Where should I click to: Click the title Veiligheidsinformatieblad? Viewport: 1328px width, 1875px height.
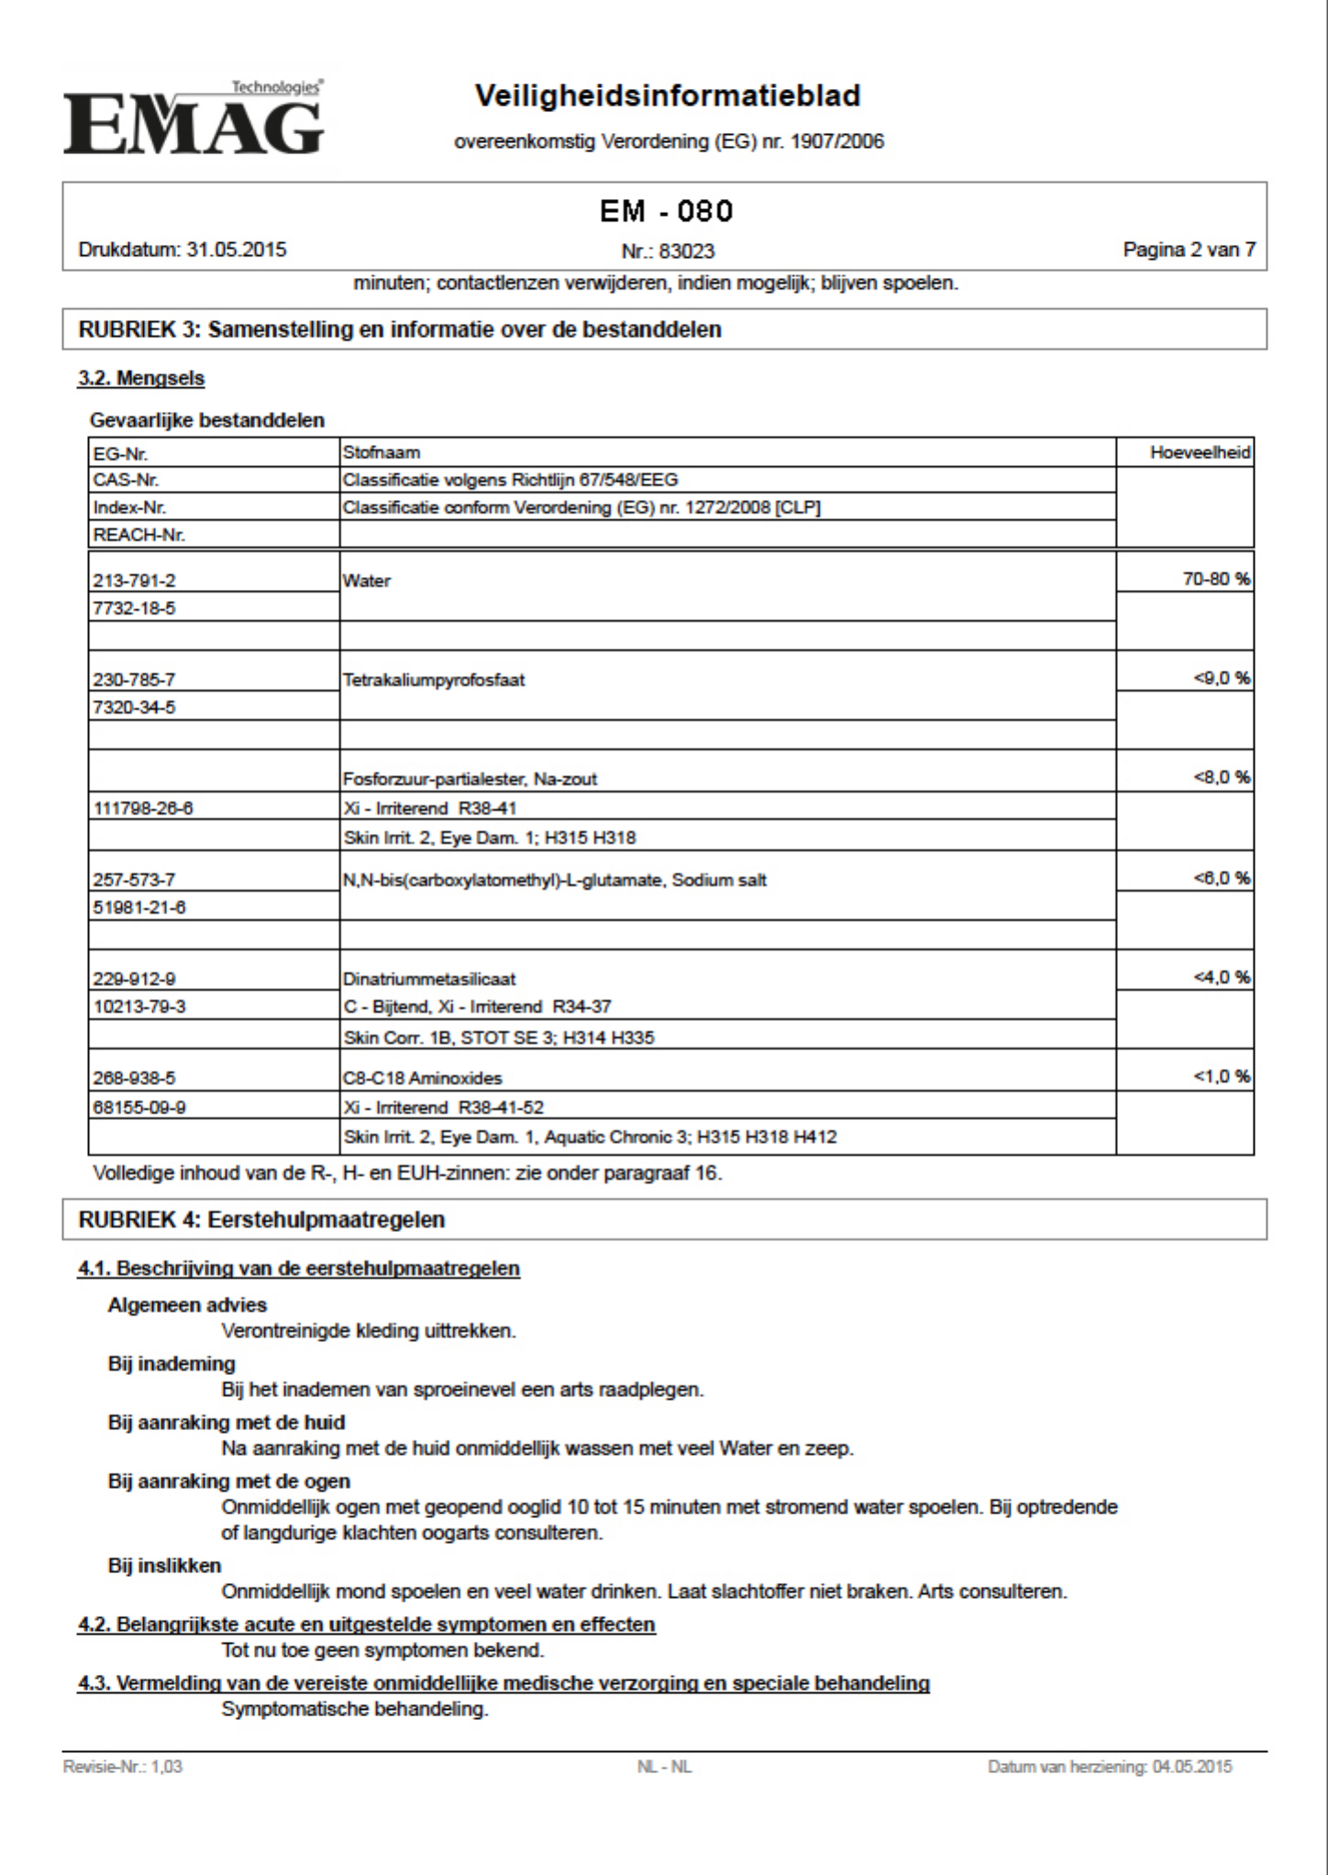pyautogui.click(x=668, y=95)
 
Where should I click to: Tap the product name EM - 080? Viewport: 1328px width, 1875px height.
pyautogui.click(x=666, y=212)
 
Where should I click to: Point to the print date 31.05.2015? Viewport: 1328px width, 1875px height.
pyautogui.click(x=237, y=250)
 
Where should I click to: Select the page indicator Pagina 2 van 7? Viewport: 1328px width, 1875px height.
pyautogui.click(x=1189, y=250)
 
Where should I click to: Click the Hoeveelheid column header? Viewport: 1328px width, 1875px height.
pyautogui.click(x=1200, y=452)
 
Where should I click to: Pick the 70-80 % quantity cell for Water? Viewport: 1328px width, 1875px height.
pyautogui.click(x=1216, y=579)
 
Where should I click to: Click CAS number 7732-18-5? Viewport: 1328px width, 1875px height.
pyautogui.click(x=134, y=608)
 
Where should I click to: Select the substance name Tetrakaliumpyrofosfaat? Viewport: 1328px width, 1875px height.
pyautogui.click(x=434, y=680)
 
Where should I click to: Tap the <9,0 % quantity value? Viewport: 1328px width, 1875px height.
pyautogui.click(x=1222, y=678)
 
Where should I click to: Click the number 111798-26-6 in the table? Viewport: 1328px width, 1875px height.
pyautogui.click(x=143, y=808)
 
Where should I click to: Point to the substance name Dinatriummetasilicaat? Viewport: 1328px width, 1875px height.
pyautogui.click(x=429, y=979)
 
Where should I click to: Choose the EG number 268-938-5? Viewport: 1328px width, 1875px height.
pyautogui.click(x=134, y=1078)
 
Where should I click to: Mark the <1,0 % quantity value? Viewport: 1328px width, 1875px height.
pyautogui.click(x=1222, y=1076)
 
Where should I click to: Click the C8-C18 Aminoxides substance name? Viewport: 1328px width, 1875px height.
pyautogui.click(x=423, y=1078)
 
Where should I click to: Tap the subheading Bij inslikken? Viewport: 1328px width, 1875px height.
pyautogui.click(x=165, y=1566)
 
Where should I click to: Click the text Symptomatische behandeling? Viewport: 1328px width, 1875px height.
pyautogui.click(x=355, y=1709)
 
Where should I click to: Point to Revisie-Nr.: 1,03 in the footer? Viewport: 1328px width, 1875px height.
pyautogui.click(x=123, y=1767)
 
